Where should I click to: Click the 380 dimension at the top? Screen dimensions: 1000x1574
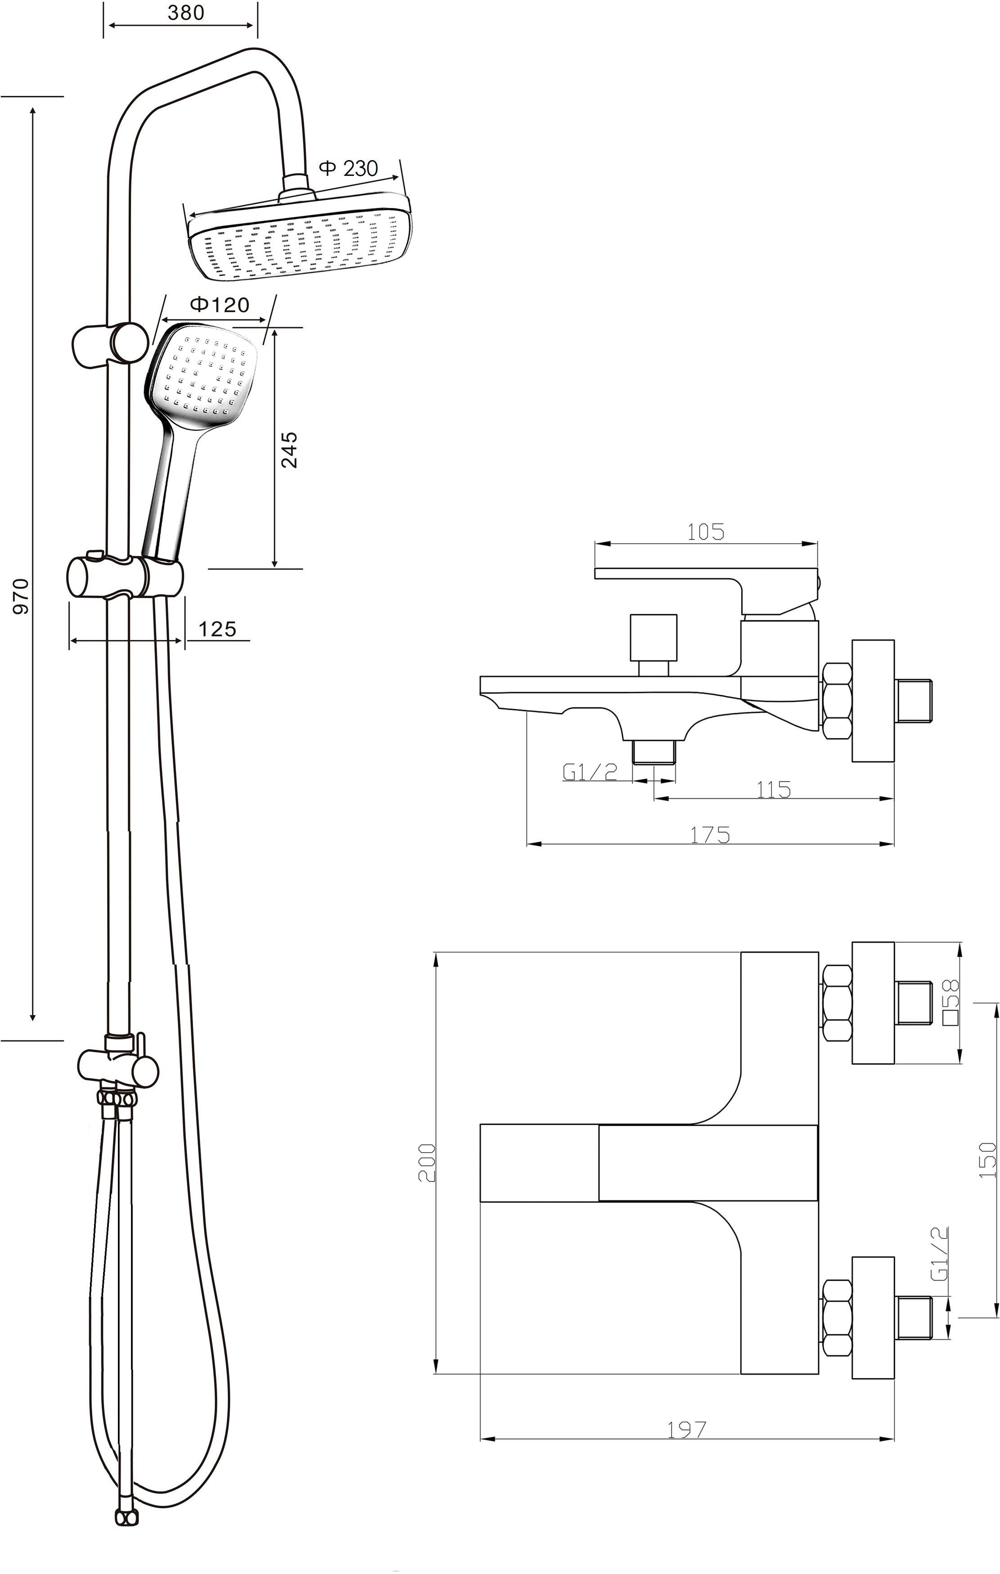tap(186, 13)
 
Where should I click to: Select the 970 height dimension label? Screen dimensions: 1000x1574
tap(22, 596)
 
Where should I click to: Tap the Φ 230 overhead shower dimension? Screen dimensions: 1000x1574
tap(349, 168)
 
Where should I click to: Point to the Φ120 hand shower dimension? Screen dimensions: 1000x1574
tap(220, 304)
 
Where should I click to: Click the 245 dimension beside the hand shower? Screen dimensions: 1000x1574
tap(288, 449)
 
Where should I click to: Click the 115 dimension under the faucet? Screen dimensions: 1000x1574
tap(774, 790)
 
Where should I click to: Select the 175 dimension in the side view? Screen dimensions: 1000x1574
tap(710, 836)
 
